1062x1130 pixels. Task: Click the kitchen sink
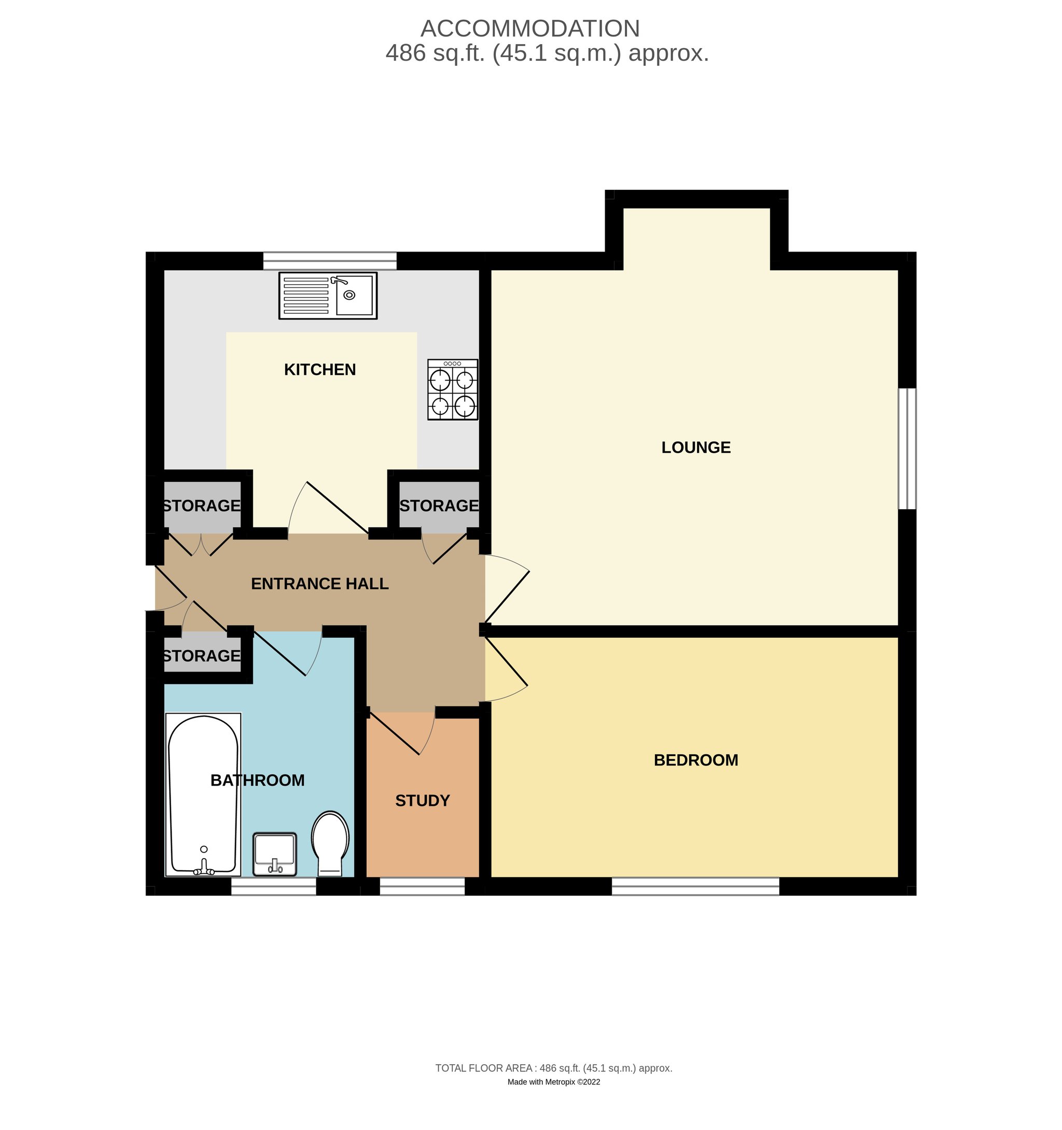pos(328,296)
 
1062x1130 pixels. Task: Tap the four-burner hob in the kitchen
pos(453,389)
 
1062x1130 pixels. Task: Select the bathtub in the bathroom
pos(203,794)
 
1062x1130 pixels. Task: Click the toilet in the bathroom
pos(330,844)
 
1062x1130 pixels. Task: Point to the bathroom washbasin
pos(275,854)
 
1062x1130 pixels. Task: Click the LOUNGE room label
pos(696,448)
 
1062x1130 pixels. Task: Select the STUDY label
pos(423,800)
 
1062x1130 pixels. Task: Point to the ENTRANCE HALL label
pos(319,584)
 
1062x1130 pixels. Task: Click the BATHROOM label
pos(258,780)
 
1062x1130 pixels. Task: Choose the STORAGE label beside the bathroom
pos(202,656)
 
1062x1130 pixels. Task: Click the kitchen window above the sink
pos(330,261)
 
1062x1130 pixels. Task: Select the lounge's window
pos(907,449)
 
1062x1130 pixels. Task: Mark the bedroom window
pos(695,886)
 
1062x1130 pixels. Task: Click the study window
pos(423,886)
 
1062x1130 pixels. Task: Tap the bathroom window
pos(273,886)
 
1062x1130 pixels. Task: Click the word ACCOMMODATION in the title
pos(530,29)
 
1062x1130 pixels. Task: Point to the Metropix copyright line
pos(554,1082)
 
